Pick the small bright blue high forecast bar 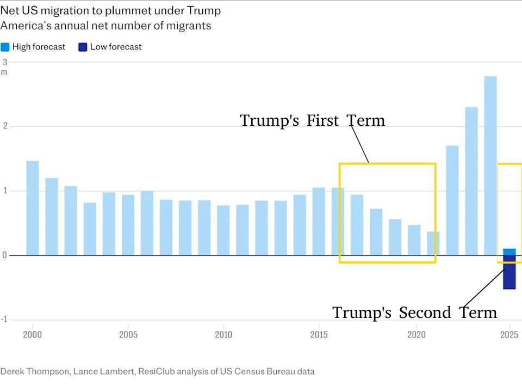pyautogui.click(x=509, y=252)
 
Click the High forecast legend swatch pyautogui.click(x=5, y=47)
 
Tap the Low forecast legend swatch pyautogui.click(x=83, y=47)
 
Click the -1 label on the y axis pyautogui.click(x=4, y=320)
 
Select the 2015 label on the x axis pyautogui.click(x=319, y=334)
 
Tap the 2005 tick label pyautogui.click(x=128, y=334)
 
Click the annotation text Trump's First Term pyautogui.click(x=312, y=120)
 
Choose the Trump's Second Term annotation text pyautogui.click(x=414, y=313)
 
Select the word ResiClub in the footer pyautogui.click(x=157, y=371)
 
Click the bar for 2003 pyautogui.click(x=90, y=229)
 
